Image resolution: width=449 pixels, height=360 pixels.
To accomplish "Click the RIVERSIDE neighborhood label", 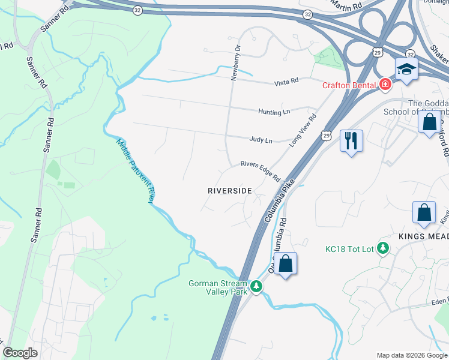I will tap(229, 190).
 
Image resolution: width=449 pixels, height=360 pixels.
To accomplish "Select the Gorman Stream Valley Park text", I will tap(217, 288).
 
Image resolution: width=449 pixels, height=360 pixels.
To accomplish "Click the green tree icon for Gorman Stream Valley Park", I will tap(256, 287).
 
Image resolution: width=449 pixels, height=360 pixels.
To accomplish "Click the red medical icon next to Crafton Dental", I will tap(384, 85).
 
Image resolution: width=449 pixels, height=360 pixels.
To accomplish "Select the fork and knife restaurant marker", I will tap(351, 142).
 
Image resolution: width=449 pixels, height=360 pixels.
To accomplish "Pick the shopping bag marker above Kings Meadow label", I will tap(424, 213).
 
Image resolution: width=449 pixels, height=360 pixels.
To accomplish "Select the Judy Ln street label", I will tap(261, 140).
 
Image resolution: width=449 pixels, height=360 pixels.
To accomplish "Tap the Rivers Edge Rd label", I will tap(261, 171).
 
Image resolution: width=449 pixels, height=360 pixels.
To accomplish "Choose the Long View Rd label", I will tap(303, 130).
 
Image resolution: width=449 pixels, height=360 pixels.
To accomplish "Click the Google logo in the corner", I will tap(20, 353).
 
